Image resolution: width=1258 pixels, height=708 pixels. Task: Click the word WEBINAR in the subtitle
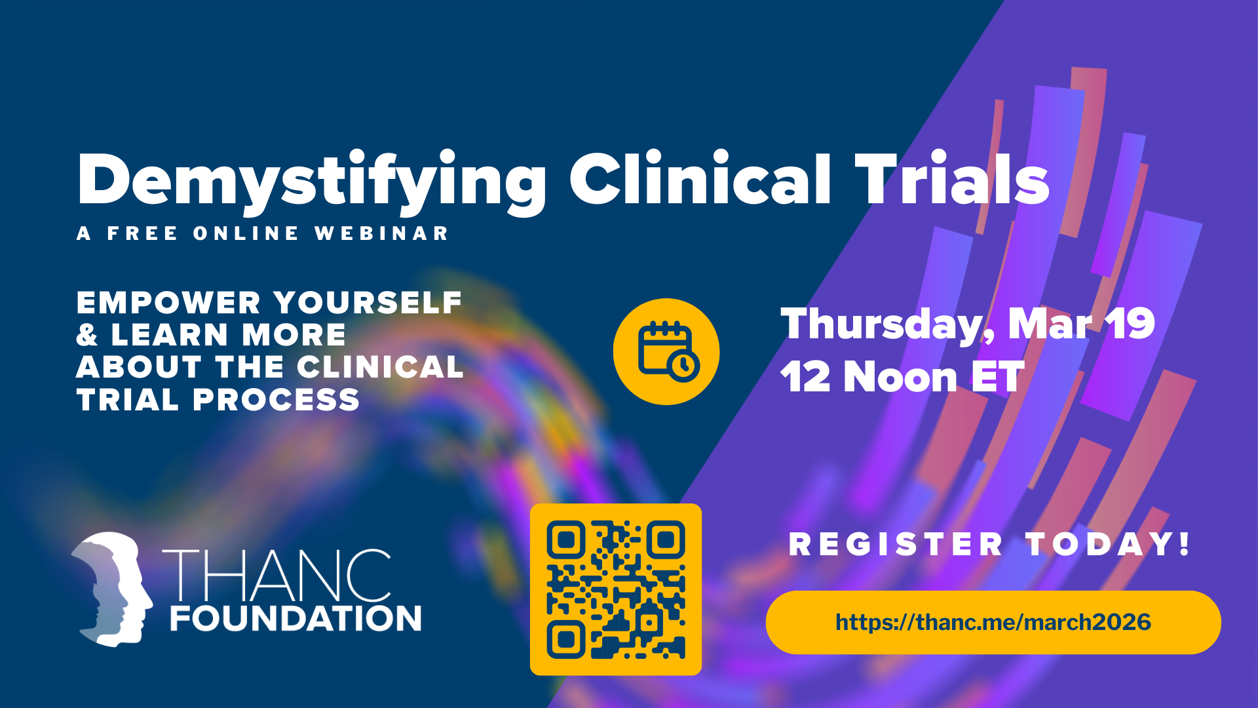pyautogui.click(x=381, y=233)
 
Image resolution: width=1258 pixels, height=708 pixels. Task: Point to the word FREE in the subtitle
pyautogui.click(x=142, y=233)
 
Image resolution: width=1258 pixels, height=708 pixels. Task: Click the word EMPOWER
pyautogui.click(x=169, y=303)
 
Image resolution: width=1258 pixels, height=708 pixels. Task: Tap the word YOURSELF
pyautogui.click(x=368, y=303)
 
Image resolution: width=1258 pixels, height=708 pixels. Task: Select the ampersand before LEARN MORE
pyautogui.click(x=87, y=335)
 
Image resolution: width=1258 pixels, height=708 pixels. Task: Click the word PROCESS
pyautogui.click(x=276, y=400)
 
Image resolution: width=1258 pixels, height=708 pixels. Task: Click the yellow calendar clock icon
pyautogui.click(x=666, y=351)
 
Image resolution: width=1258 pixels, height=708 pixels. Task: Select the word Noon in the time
pyautogui.click(x=900, y=377)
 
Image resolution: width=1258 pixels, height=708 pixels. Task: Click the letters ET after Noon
pyautogui.click(x=998, y=377)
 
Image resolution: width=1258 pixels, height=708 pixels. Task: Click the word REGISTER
pyautogui.click(x=896, y=545)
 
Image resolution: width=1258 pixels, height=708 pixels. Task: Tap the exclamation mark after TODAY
pyautogui.click(x=1184, y=543)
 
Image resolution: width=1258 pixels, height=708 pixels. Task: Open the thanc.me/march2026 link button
pyautogui.click(x=993, y=622)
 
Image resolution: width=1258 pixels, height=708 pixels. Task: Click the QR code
pyautogui.click(x=616, y=589)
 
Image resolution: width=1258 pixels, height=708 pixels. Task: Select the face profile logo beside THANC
pyautogui.click(x=112, y=589)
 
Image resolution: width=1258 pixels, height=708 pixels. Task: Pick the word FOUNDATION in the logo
pyautogui.click(x=295, y=618)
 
